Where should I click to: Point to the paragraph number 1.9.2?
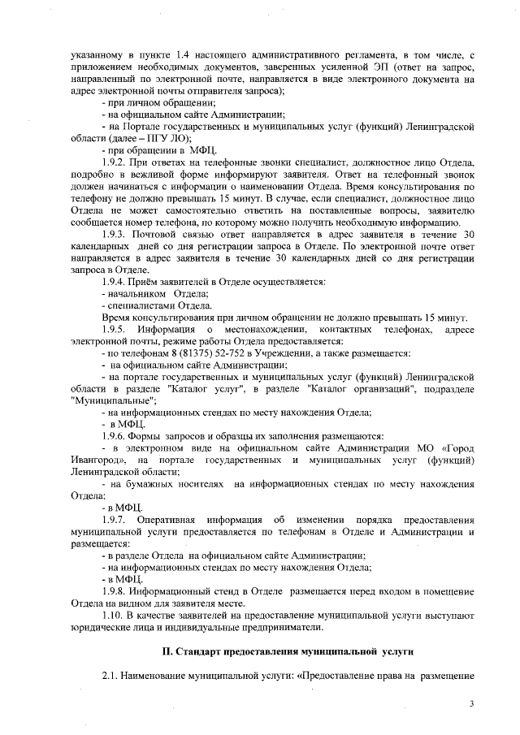click(117, 164)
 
